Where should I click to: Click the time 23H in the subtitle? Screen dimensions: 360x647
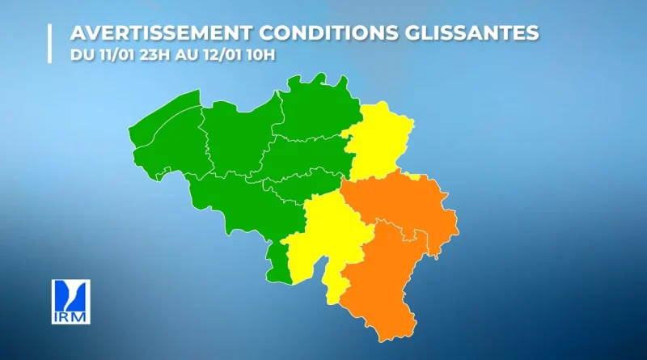coord(146,56)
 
